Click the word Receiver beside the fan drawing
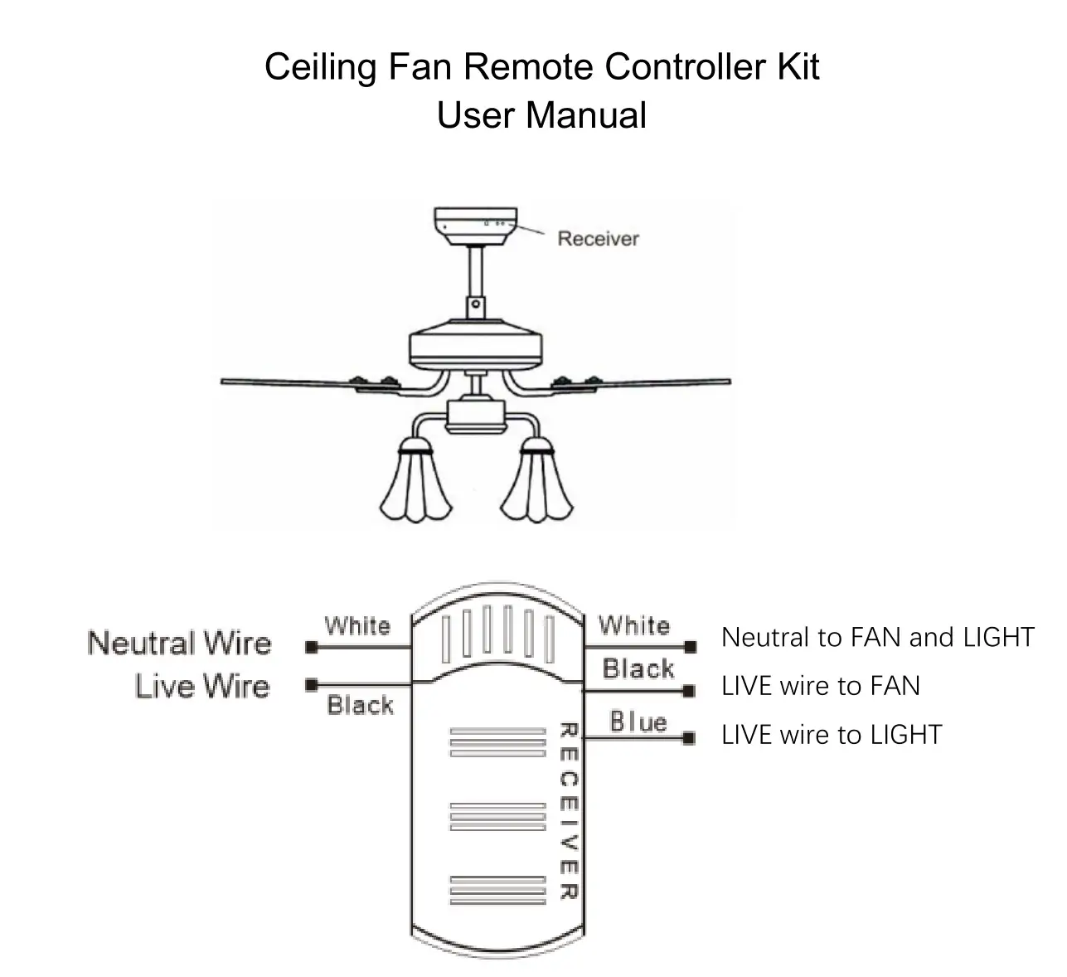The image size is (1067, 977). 598,239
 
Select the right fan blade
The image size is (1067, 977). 655,382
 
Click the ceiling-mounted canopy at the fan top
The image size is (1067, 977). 475,226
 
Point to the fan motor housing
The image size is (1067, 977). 475,348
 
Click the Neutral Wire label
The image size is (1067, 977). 179,644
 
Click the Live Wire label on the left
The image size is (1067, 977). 202,687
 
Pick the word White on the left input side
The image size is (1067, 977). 357,625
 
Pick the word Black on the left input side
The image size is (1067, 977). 360,706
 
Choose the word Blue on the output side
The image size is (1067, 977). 638,722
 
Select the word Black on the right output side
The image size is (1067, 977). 638,668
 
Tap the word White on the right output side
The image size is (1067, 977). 634,625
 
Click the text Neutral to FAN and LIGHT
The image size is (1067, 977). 877,637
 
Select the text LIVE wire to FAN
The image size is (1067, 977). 820,686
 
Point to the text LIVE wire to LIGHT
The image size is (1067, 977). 832,735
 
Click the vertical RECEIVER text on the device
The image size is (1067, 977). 568,811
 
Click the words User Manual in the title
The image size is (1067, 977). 541,115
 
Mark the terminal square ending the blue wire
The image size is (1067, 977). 688,738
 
